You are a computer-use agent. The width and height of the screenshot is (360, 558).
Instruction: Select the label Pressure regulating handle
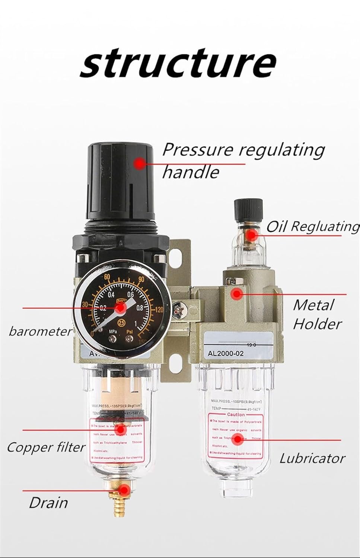tap(243, 160)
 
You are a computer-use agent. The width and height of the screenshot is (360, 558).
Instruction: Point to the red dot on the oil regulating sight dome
tap(252, 235)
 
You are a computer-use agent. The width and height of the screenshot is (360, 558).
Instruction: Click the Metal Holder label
tap(316, 314)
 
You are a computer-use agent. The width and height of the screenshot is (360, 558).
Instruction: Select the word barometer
tap(40, 331)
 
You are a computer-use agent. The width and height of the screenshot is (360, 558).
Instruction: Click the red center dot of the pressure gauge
tap(120, 308)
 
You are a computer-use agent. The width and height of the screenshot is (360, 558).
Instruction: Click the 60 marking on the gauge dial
tap(108, 277)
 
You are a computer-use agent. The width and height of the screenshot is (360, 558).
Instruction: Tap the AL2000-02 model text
tap(223, 353)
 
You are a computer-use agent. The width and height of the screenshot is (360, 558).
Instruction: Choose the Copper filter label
tap(46, 447)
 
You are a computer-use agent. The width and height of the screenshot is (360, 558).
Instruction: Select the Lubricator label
tap(312, 458)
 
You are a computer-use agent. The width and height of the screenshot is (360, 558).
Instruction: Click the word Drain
tap(48, 503)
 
